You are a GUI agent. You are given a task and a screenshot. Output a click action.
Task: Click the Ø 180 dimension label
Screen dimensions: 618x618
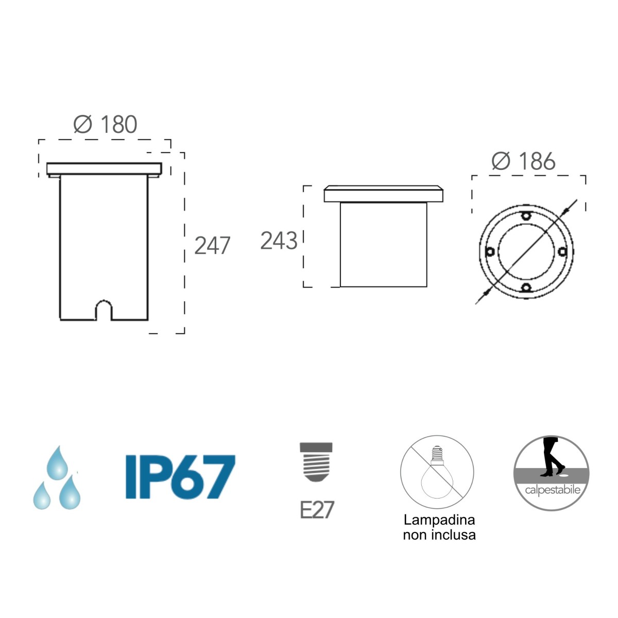(105, 124)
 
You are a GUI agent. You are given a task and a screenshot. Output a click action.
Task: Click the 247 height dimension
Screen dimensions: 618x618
(212, 246)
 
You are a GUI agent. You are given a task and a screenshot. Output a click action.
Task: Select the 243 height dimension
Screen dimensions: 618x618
(279, 241)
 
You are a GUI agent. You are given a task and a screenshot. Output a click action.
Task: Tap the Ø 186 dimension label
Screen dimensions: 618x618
(523, 161)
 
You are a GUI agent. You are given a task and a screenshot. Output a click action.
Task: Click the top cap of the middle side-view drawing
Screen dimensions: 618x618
(383, 194)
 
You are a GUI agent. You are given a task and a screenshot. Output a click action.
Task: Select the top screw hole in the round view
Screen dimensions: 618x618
(526, 215)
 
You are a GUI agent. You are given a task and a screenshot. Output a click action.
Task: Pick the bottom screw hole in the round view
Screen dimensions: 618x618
(526, 288)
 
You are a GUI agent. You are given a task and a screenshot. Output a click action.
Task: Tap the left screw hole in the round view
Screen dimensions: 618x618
(490, 252)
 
